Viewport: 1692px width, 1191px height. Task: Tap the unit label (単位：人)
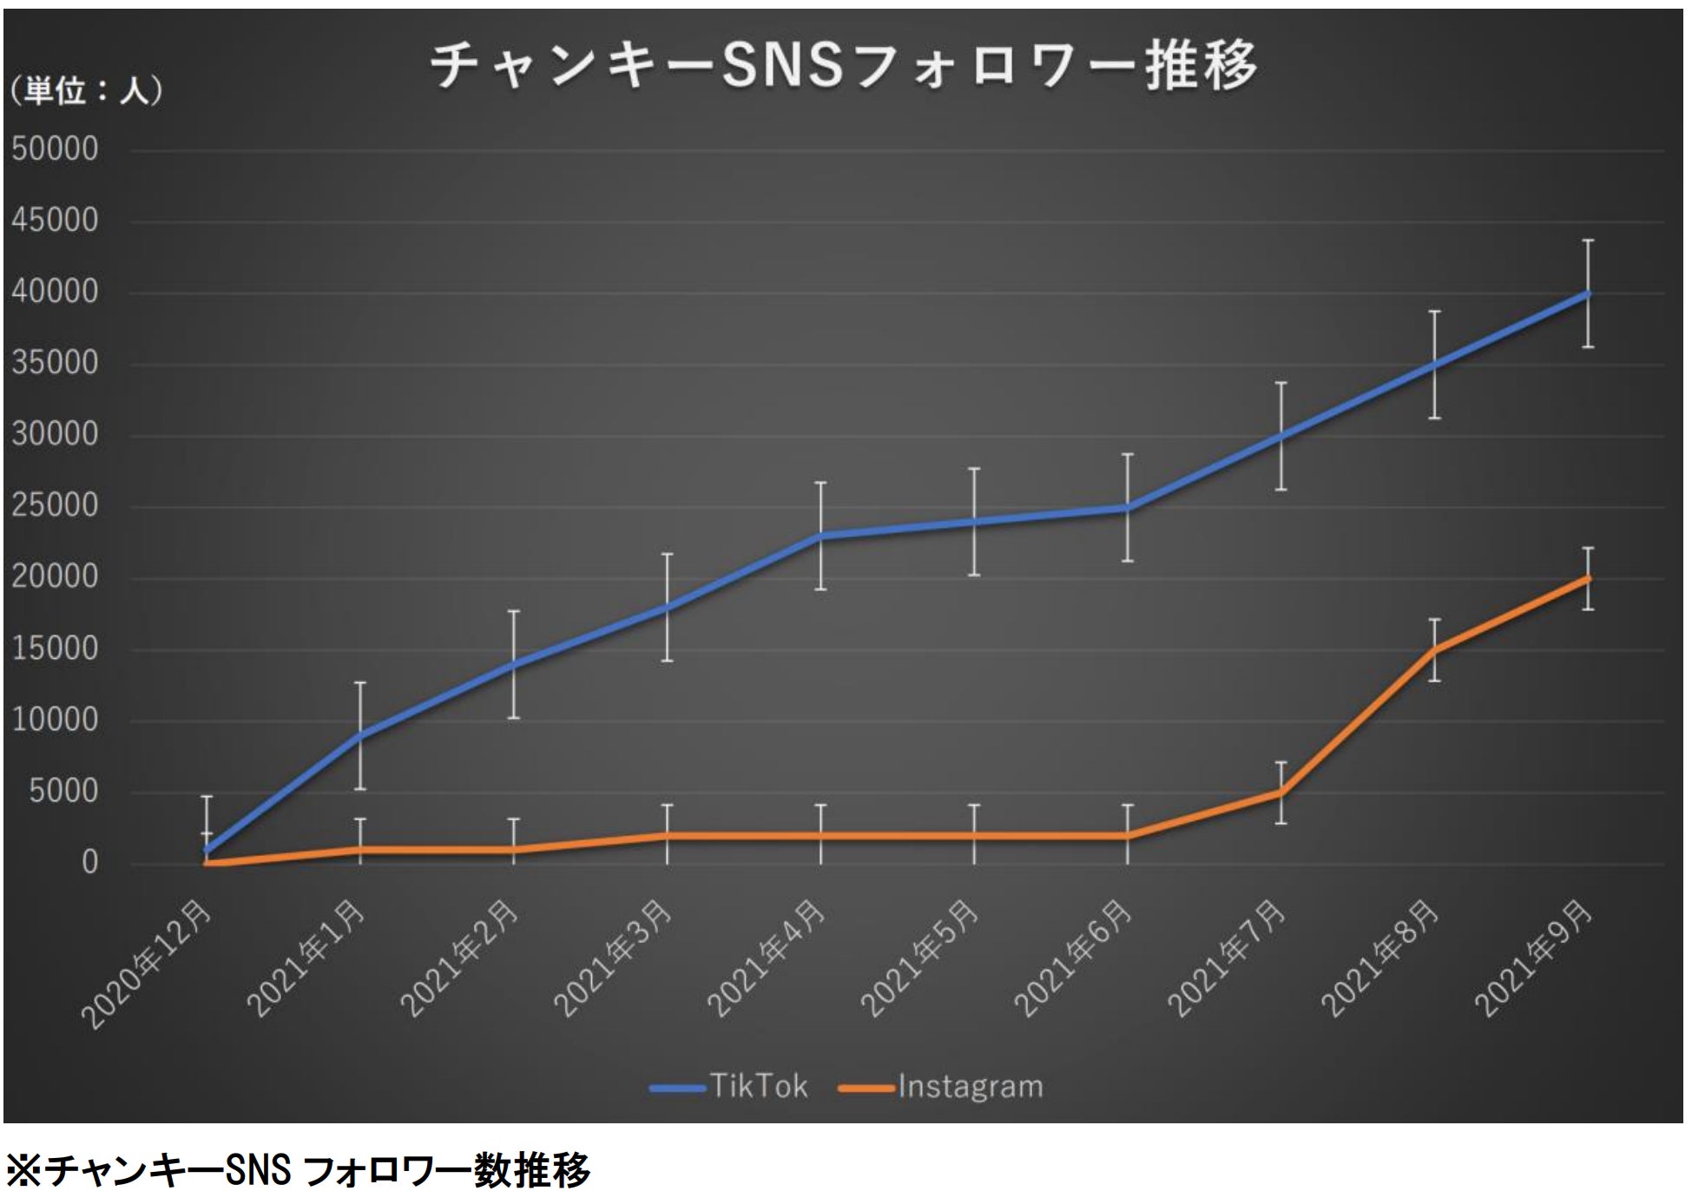86,92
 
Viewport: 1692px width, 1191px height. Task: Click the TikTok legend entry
730,1087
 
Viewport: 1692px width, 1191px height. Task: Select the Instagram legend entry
943,1087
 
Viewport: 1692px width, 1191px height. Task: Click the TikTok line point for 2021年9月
1588,293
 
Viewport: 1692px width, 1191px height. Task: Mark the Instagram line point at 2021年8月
1434,649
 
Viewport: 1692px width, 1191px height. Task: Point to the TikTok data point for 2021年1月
359,735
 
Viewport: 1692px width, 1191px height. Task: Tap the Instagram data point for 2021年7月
1281,792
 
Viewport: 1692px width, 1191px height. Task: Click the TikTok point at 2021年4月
820,536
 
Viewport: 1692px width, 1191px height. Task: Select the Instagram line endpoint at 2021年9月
1588,578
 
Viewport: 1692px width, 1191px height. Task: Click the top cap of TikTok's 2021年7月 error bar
1281,383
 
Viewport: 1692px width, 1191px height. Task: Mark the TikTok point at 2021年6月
1127,508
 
